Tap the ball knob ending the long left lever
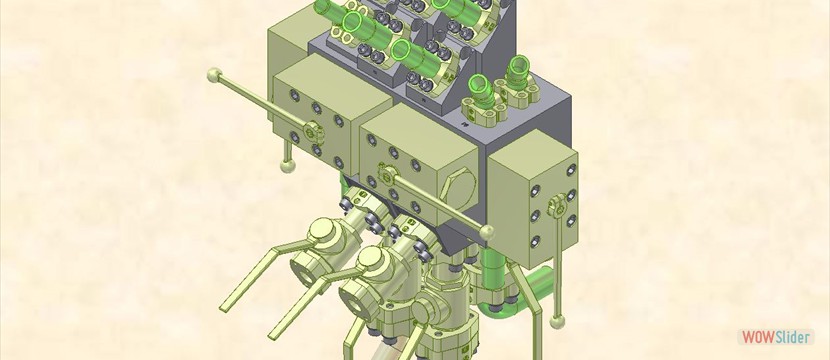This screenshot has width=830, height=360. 214,75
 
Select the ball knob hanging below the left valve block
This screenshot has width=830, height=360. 288,166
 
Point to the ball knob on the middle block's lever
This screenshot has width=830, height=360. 487,232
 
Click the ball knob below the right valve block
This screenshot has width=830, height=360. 557,322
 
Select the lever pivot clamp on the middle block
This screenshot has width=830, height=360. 387,174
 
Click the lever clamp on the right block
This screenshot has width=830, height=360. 557,204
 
